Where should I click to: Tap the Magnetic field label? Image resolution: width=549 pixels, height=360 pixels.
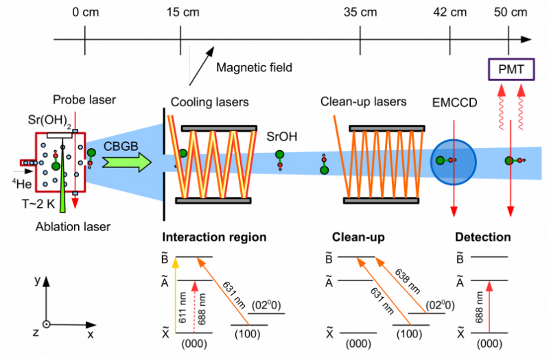click(x=254, y=67)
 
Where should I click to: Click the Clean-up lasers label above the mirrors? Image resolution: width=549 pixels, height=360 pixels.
click(x=363, y=102)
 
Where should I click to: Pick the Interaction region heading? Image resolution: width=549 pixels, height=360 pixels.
click(x=213, y=238)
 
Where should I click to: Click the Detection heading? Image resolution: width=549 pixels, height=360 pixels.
click(x=483, y=238)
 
